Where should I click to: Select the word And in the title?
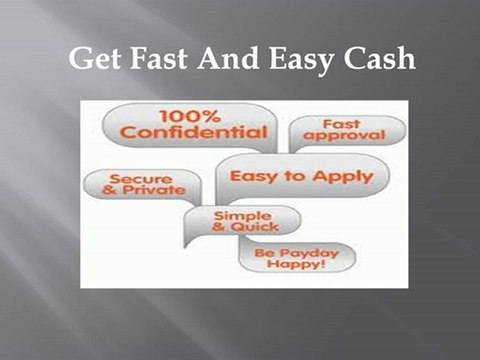tap(226, 60)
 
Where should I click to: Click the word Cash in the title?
tap(376, 60)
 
